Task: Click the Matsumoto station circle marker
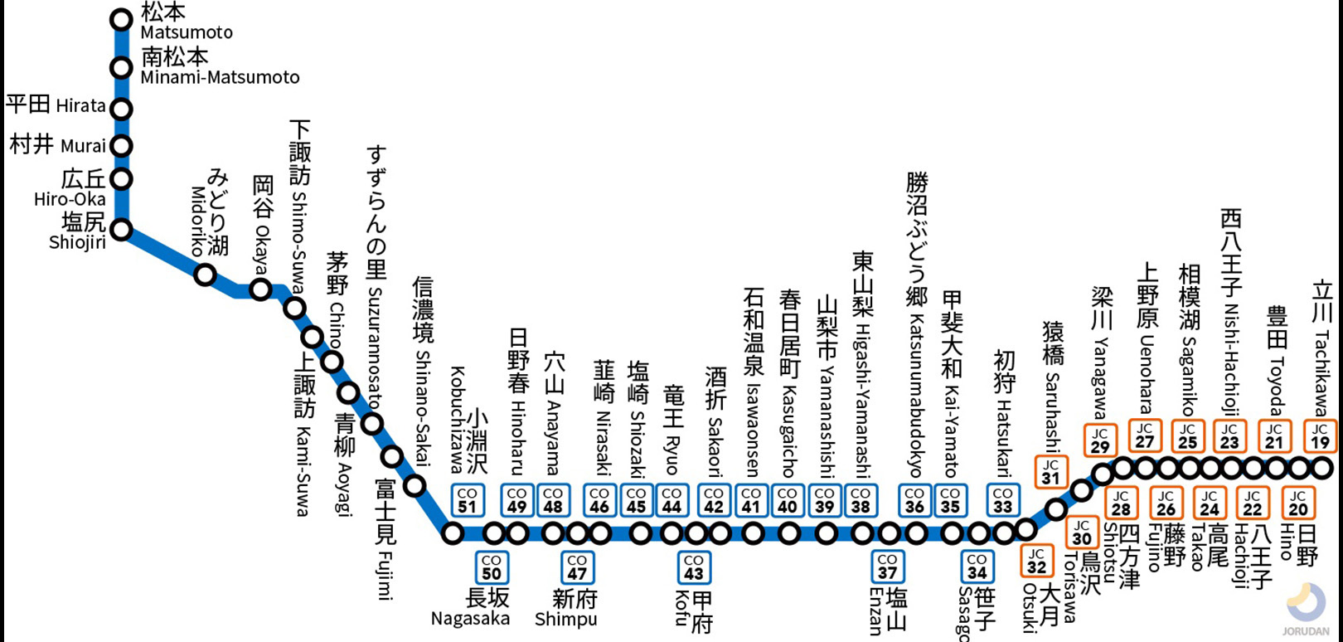[122, 18]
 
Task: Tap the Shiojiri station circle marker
[122, 230]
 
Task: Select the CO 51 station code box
[467, 500]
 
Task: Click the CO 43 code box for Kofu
[694, 567]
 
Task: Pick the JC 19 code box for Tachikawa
[1320, 436]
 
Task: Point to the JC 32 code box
[1036, 561]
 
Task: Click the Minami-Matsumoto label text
[220, 77]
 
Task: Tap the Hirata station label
[56, 105]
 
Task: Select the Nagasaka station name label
[470, 619]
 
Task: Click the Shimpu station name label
[565, 619]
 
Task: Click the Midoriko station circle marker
[205, 275]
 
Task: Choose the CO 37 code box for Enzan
[887, 567]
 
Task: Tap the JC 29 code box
[1100, 440]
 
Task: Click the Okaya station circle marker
[261, 289]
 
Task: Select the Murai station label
[57, 145]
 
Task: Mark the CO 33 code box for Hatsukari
[1003, 500]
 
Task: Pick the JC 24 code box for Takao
[1210, 503]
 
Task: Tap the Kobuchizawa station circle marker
[453, 533]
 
